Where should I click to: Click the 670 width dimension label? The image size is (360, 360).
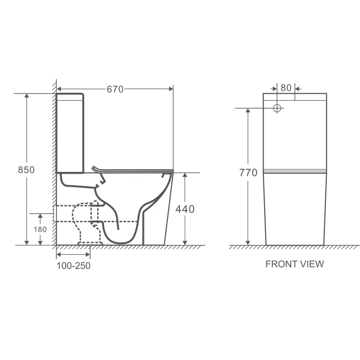click(x=115, y=89)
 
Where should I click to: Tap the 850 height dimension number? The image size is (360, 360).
click(x=26, y=170)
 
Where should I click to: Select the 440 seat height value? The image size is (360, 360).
click(x=185, y=209)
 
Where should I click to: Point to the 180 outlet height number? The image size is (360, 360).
click(x=40, y=229)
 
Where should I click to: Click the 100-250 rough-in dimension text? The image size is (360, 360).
click(x=73, y=265)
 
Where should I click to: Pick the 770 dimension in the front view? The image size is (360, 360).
click(x=248, y=173)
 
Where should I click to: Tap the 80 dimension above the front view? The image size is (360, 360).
click(x=286, y=88)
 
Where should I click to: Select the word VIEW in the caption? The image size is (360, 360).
click(x=312, y=264)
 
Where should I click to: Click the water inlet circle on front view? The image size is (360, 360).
click(x=277, y=108)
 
